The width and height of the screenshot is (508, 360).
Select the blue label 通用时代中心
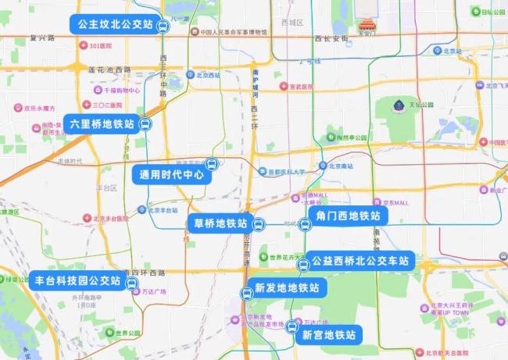172,176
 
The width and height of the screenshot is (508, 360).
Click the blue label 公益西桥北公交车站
359,261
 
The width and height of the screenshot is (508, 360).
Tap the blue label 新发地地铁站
286,288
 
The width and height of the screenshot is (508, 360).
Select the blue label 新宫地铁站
328,335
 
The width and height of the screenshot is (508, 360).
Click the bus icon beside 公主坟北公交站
163,26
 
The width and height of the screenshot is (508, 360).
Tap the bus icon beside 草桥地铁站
259,225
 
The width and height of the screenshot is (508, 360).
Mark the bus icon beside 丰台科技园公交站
131,281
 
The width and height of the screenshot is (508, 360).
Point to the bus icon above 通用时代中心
210,164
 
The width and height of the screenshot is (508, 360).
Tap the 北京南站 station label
342,166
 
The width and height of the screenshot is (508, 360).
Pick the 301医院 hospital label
101,46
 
